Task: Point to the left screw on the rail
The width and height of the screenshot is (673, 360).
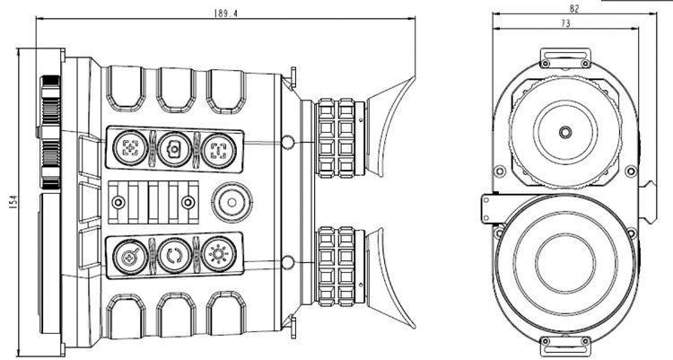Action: [117, 202]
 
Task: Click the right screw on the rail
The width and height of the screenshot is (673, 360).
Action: [189, 202]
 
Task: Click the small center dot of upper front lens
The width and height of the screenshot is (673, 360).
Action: [564, 131]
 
